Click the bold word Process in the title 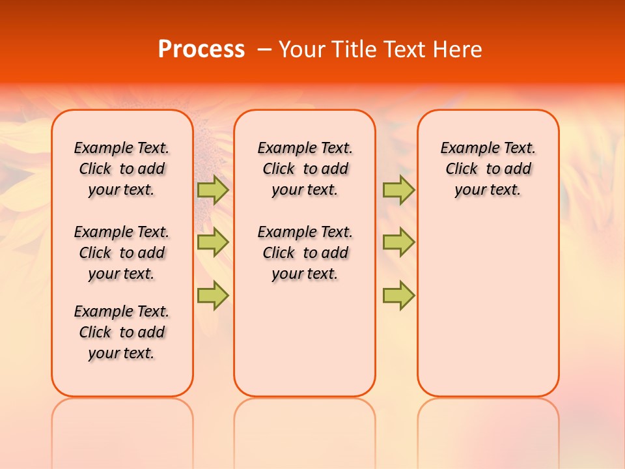click(x=201, y=50)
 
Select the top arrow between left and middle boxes click(x=213, y=190)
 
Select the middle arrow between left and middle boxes click(x=213, y=242)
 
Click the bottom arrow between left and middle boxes click(x=213, y=295)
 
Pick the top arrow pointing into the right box click(x=398, y=190)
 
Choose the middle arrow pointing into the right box click(x=398, y=242)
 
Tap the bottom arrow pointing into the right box click(x=398, y=295)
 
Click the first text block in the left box click(x=122, y=169)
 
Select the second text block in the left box click(x=122, y=253)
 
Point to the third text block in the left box click(x=122, y=332)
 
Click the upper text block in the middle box click(x=305, y=169)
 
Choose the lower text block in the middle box click(x=305, y=253)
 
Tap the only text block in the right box click(x=488, y=169)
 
